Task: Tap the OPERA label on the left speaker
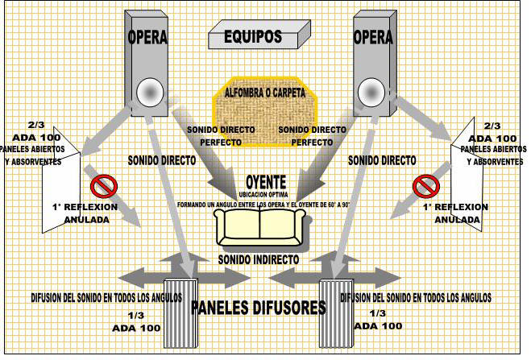[147, 38]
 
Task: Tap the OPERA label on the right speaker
[373, 38]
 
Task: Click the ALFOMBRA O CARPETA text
[264, 93]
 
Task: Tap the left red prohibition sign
[102, 186]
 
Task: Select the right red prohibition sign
[425, 186]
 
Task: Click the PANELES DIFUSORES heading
[258, 308]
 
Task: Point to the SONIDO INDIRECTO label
[259, 260]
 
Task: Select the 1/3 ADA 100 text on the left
[134, 321]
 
